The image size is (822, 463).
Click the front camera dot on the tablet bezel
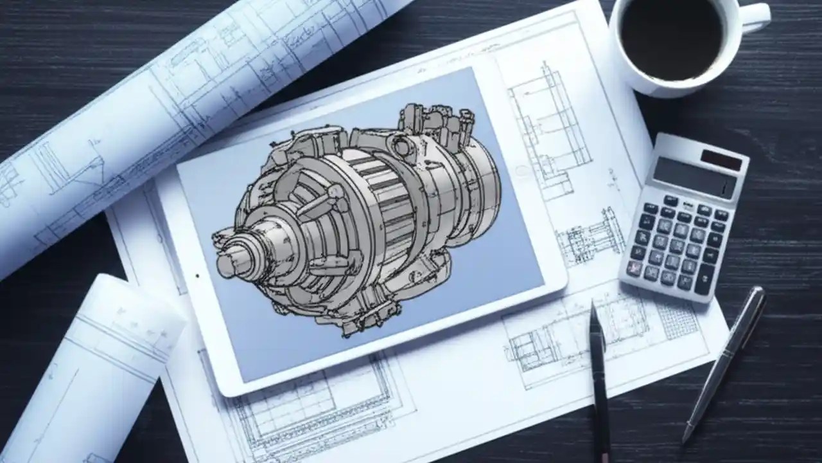197,276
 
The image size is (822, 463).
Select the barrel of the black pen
600,386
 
